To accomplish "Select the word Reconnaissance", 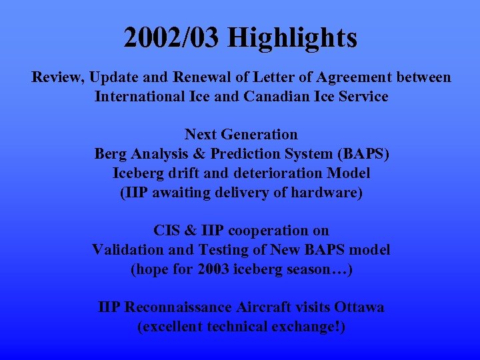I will pyautogui.click(x=178, y=307).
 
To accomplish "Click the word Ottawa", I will pyautogui.click(x=359, y=307).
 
